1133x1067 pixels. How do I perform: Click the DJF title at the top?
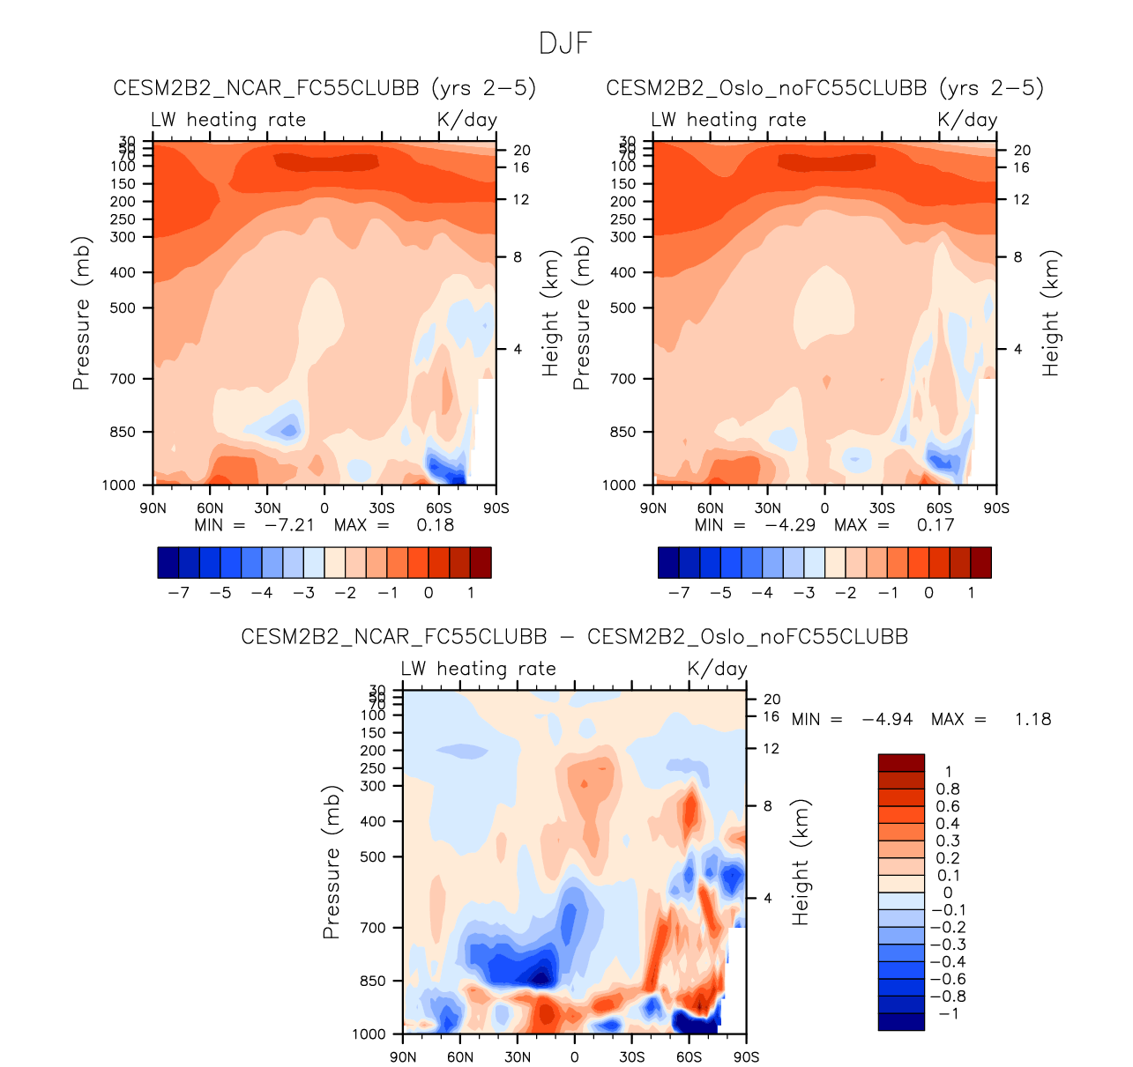coord(565,43)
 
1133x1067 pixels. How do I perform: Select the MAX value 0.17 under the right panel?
coord(935,525)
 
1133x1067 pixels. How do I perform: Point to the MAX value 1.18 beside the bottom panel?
coord(1032,719)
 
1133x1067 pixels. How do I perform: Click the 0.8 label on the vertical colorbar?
coord(948,789)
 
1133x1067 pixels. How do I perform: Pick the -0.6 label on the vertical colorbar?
coord(948,979)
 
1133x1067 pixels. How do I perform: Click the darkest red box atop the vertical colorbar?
coord(901,763)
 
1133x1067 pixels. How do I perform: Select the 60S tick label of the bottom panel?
coord(689,1056)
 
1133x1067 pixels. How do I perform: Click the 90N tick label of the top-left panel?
coord(153,508)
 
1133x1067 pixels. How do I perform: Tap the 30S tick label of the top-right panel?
coord(882,508)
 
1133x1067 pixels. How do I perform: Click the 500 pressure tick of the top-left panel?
coord(123,308)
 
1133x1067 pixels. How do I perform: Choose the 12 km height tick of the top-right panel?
coord(1021,200)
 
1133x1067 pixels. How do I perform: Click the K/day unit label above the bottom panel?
coord(717,669)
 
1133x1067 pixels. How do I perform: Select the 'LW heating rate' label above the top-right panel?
coord(728,120)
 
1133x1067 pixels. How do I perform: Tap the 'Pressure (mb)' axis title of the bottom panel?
coord(331,863)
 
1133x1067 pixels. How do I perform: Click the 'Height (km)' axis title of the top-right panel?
coord(1050,314)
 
